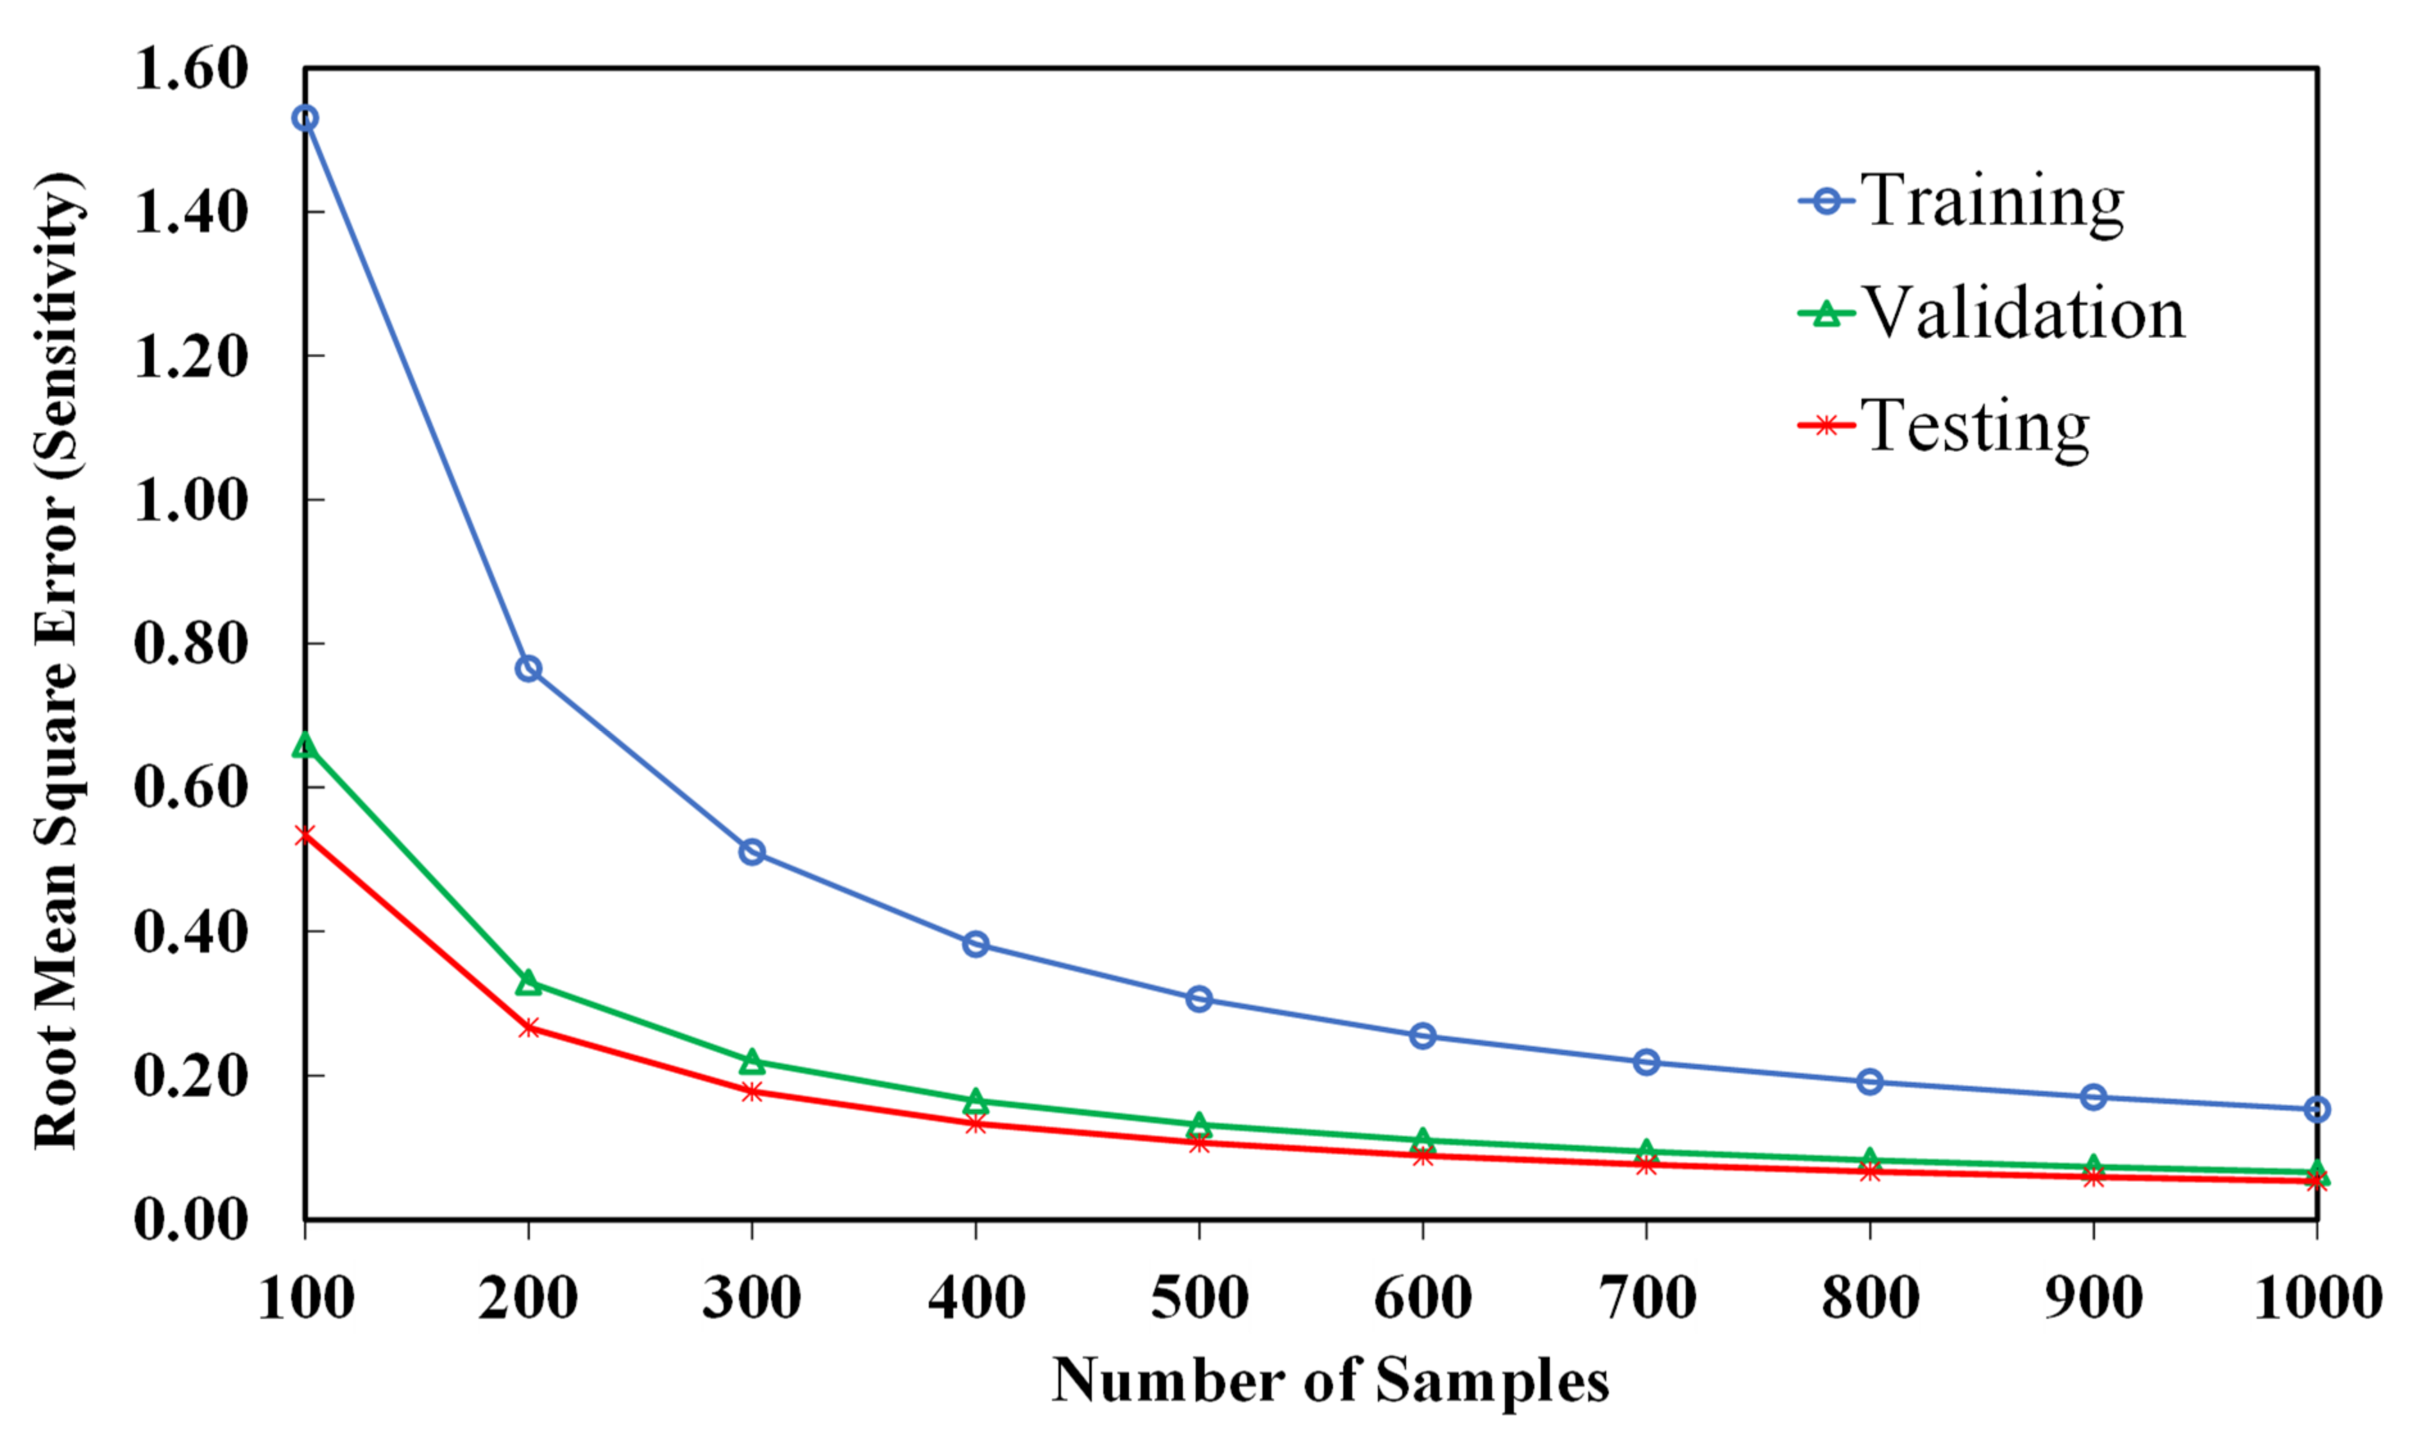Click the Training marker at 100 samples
305,119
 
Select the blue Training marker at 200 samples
528,669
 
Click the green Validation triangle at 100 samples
305,746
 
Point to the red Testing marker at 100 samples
305,835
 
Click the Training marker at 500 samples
1199,998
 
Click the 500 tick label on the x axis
1199,1298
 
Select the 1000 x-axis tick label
2317,1298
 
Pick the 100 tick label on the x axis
305,1298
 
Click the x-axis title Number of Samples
1330,1381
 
